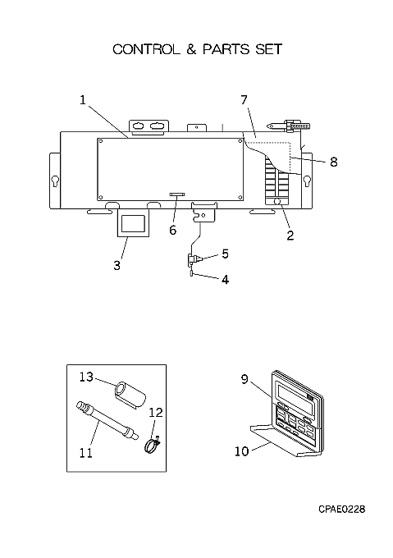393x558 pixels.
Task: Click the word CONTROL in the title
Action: pyautogui.click(x=147, y=49)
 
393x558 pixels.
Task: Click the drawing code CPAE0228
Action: pyautogui.click(x=342, y=510)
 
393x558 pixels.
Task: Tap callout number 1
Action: pyautogui.click(x=83, y=100)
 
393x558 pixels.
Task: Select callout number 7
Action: pyautogui.click(x=244, y=100)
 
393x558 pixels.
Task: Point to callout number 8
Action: pyautogui.click(x=333, y=162)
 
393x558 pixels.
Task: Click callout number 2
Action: pyautogui.click(x=290, y=236)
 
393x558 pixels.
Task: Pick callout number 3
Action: pyautogui.click(x=117, y=266)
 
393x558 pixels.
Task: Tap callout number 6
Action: pyautogui.click(x=173, y=231)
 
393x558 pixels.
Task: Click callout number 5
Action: pyautogui.click(x=225, y=254)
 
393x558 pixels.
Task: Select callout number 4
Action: pyautogui.click(x=225, y=280)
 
